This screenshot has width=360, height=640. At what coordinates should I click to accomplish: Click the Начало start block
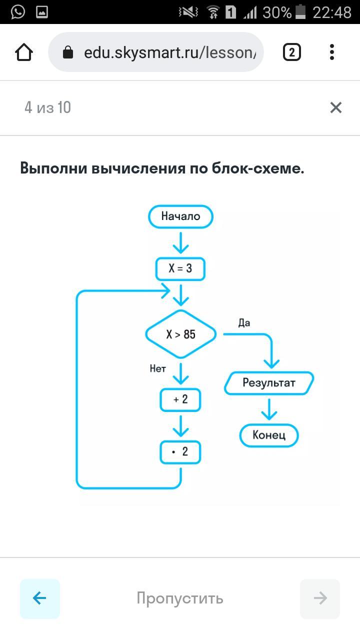pos(180,216)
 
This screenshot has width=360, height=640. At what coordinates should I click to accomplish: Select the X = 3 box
pos(180,268)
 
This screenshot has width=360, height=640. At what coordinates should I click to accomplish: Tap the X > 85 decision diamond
pos(180,334)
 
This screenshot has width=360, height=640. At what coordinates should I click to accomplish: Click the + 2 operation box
pos(180,399)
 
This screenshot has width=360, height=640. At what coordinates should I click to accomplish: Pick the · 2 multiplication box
pos(180,452)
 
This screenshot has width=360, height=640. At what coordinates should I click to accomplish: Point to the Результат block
pos(269,383)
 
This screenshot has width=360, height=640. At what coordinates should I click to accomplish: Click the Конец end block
pos(269,435)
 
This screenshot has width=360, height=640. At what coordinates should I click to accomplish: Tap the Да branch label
pos(244,323)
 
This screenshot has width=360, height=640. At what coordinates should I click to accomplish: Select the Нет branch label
pos(157,369)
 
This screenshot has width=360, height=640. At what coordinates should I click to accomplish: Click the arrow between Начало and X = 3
pos(180,242)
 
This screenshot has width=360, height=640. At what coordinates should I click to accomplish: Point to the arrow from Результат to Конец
pos(269,409)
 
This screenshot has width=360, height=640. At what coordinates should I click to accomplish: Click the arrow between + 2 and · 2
pos(180,425)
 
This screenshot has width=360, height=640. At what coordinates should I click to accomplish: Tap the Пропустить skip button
pos(180,598)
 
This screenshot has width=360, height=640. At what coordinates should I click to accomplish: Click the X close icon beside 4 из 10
pos(335,107)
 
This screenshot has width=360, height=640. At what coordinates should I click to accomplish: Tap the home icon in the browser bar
pos(24,52)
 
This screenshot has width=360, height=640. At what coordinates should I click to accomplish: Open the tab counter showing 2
pos(292,52)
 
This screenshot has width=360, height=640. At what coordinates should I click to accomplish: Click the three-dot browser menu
pos(332,52)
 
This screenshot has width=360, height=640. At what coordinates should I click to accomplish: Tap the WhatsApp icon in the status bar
pos(17,11)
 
